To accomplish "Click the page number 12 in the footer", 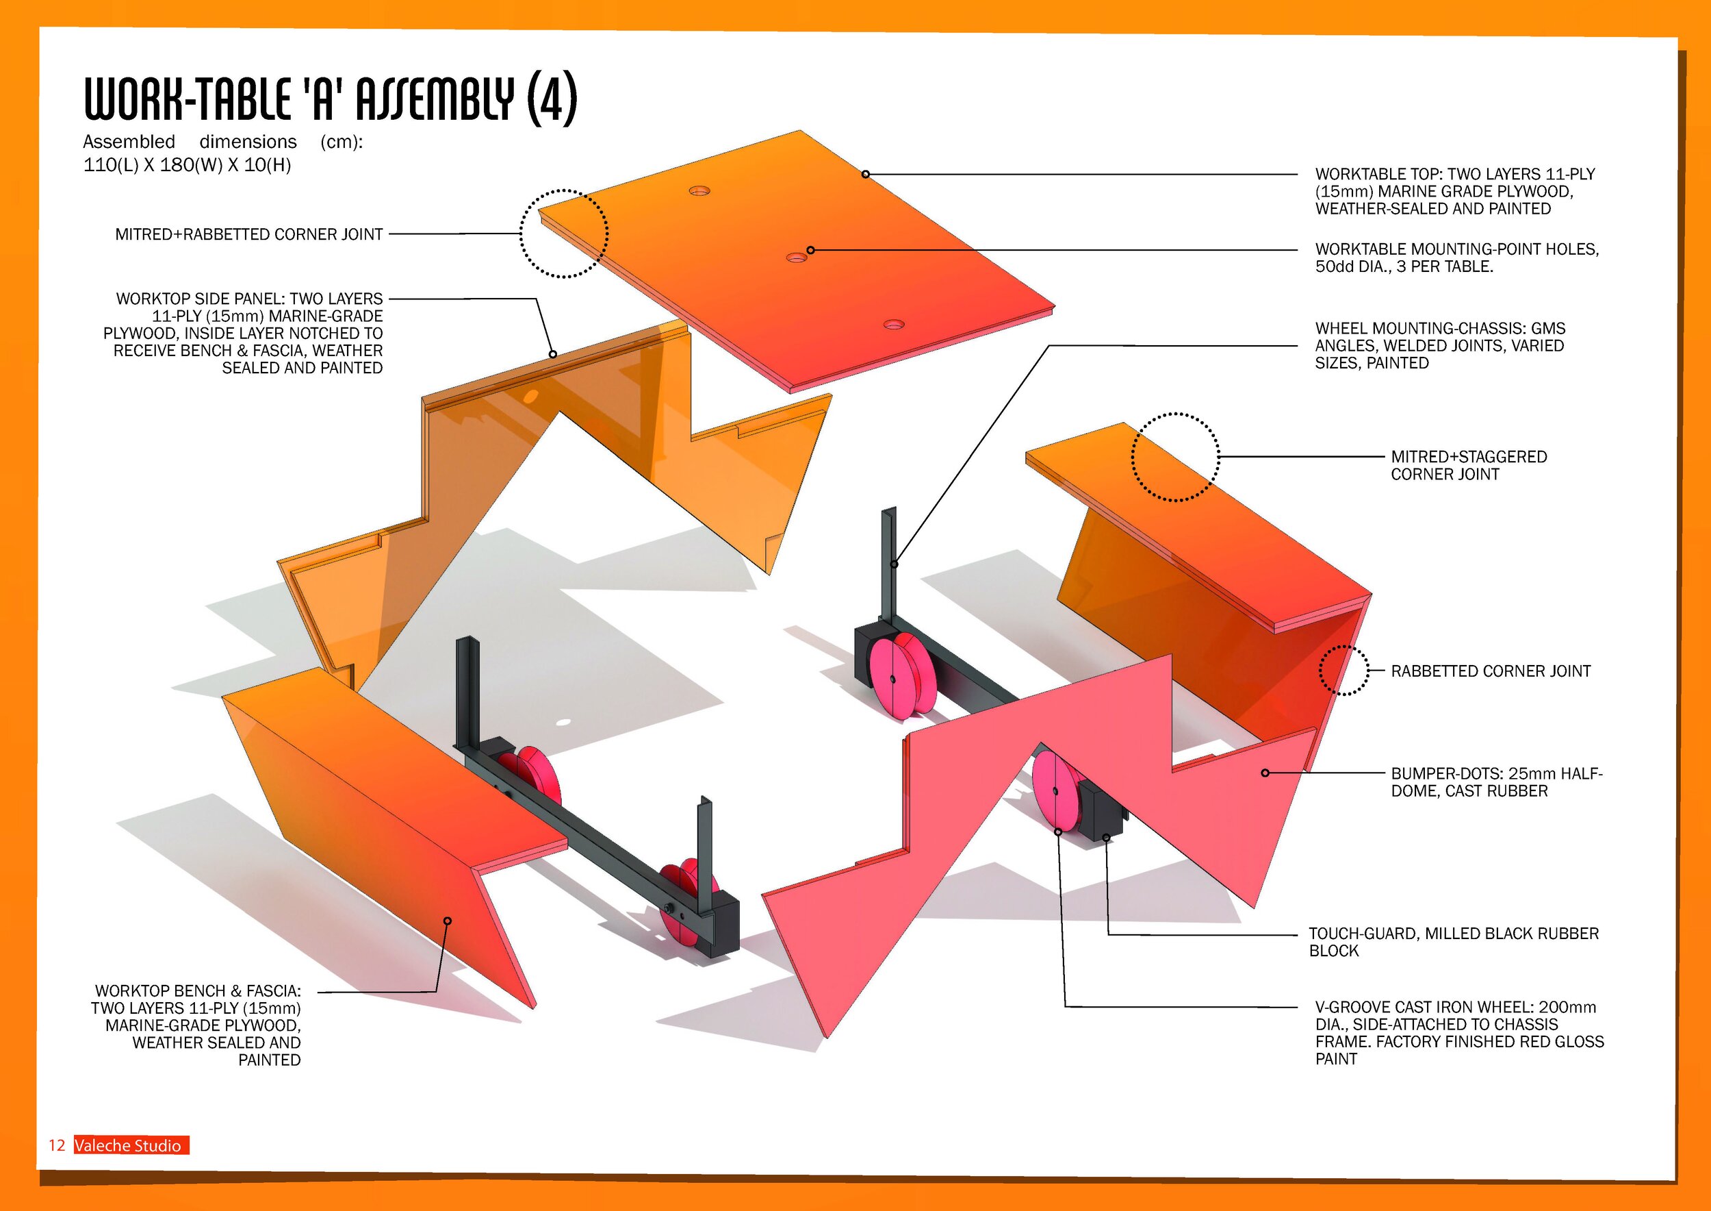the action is tap(57, 1145).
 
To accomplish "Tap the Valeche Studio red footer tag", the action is tap(131, 1145).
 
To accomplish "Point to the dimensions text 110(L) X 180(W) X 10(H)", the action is tap(187, 165).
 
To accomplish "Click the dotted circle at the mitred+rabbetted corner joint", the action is tap(563, 234).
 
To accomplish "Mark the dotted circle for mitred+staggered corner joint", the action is tap(1175, 456).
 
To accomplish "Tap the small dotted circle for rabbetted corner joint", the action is tap(1343, 671).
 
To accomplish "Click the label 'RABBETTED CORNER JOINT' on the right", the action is tap(1491, 671).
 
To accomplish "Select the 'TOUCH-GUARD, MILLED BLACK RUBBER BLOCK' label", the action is tap(1453, 942).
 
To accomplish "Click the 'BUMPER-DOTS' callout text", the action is tap(1496, 782).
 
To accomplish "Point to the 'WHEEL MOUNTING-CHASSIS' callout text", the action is tap(1440, 345).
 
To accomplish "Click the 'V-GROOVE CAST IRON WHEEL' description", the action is tap(1458, 1033).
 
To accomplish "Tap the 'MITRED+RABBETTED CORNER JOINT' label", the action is tap(249, 234).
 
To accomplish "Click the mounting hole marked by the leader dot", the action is tap(797, 258).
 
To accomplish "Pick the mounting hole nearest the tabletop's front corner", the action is tap(894, 325).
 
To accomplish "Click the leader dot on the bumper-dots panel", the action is tap(1265, 773).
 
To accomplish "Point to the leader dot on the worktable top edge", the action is tap(865, 175).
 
